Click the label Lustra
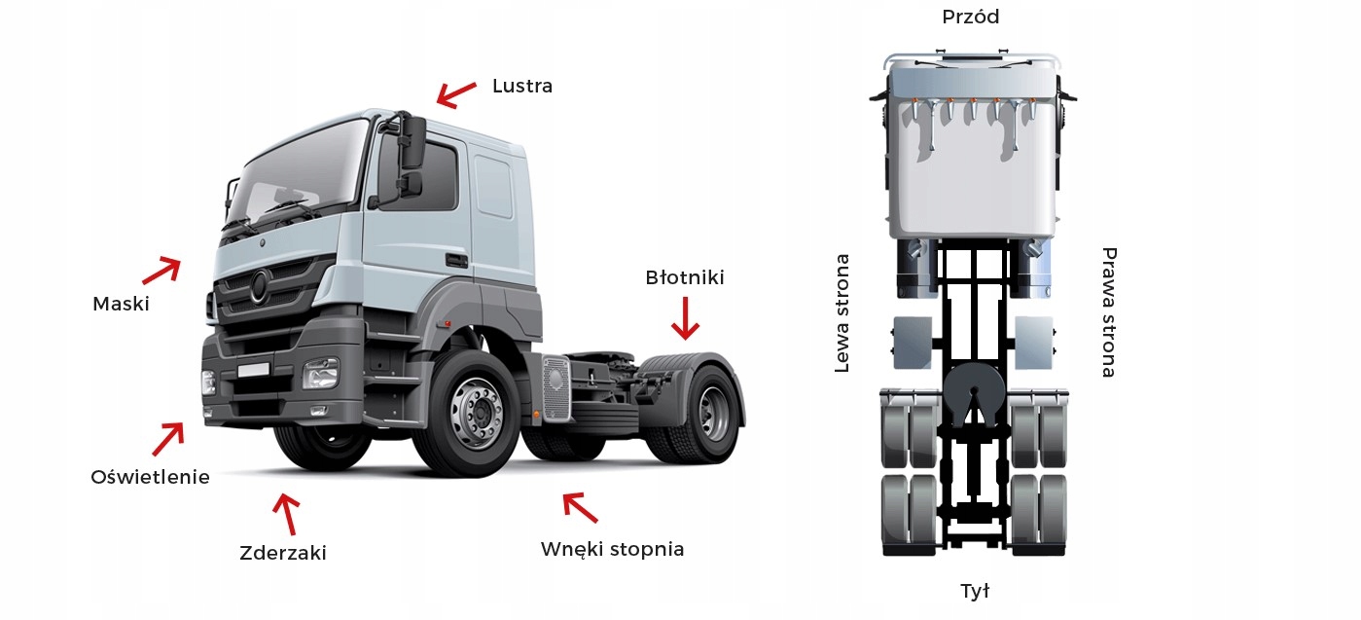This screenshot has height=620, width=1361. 522,86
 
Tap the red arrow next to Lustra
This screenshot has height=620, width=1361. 455,94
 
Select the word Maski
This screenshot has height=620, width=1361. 121,304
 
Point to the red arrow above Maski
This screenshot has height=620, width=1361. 161,269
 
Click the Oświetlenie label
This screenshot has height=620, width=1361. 150,477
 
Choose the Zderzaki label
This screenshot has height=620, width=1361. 282,553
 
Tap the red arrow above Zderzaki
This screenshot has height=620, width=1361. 287,513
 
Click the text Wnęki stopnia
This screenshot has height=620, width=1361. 612,549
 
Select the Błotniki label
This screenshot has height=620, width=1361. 685,277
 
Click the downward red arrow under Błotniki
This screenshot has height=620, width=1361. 686,318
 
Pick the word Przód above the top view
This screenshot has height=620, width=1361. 970,17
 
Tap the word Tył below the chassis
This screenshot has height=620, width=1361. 974,591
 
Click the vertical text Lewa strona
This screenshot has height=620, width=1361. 842,313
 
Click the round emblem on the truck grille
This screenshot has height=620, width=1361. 259,286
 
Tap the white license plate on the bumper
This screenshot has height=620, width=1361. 253,370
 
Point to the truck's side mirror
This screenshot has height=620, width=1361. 412,156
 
